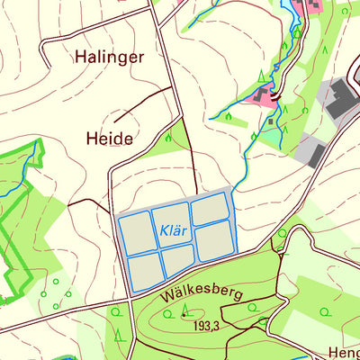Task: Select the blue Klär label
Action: (x=174, y=230)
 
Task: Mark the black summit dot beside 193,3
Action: (x=184, y=315)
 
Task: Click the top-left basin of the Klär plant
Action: (x=139, y=230)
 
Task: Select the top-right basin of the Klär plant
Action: (x=209, y=209)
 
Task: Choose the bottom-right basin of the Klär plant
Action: (x=214, y=240)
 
